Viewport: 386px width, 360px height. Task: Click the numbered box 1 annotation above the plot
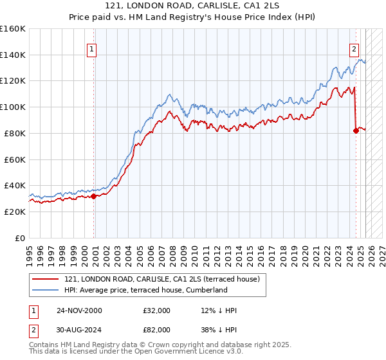point(92,48)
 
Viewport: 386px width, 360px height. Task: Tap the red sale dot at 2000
point(94,196)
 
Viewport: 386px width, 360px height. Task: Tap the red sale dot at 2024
point(356,130)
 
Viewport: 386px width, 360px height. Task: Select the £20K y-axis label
point(15,212)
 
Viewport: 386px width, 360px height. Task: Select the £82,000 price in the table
point(157,332)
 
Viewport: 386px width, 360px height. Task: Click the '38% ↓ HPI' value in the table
point(219,332)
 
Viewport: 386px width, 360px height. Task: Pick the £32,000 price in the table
point(157,311)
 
